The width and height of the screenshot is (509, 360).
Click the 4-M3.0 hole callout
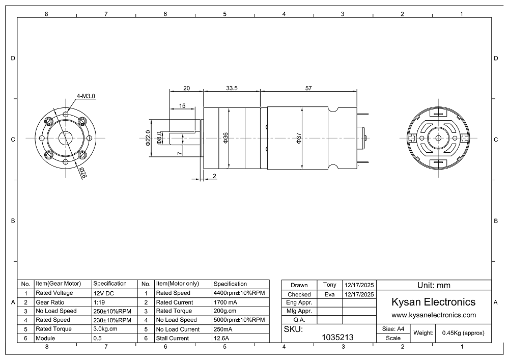point(86,96)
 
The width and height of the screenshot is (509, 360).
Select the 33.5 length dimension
point(232,88)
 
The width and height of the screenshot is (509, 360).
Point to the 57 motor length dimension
point(308,88)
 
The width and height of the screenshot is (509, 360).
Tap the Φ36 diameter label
point(225,137)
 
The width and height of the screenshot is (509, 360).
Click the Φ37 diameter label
point(299,138)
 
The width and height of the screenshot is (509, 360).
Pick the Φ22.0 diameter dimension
point(148,139)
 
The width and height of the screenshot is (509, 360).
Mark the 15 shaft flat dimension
point(182,106)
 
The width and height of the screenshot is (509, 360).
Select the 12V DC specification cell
point(103,293)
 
